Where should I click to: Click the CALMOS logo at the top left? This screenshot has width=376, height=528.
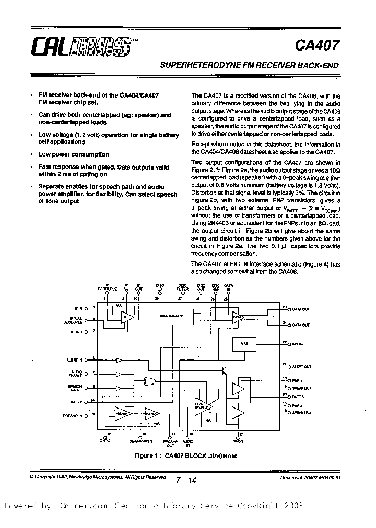pos(78,45)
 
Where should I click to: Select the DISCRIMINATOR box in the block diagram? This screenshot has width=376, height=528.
pos(170,316)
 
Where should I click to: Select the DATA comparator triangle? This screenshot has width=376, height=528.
pos(238,316)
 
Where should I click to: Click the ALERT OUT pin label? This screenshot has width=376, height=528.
pos(301,367)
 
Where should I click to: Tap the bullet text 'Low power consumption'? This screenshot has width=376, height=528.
pos(74,154)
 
